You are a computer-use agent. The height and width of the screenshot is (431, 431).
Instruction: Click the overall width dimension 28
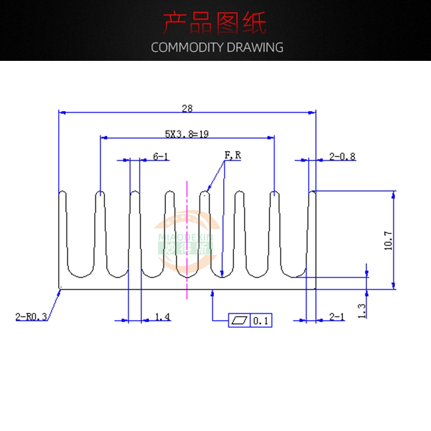(187, 108)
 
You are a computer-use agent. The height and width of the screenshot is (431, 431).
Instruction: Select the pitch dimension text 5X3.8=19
(187, 134)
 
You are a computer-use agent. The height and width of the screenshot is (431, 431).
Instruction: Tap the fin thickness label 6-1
(161, 157)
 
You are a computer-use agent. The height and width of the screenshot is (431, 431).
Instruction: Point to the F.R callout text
(233, 156)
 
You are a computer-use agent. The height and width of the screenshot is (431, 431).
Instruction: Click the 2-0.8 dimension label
(342, 157)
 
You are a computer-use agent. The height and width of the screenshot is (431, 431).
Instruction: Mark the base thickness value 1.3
(362, 310)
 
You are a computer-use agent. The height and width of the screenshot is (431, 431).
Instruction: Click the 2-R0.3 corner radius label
(31, 317)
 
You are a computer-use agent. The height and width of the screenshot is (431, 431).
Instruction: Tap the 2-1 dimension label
(336, 317)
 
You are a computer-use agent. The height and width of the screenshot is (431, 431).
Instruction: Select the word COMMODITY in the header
(187, 47)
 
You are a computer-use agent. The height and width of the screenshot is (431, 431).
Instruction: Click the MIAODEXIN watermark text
(186, 237)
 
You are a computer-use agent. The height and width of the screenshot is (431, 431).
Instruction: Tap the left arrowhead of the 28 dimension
(61, 113)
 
